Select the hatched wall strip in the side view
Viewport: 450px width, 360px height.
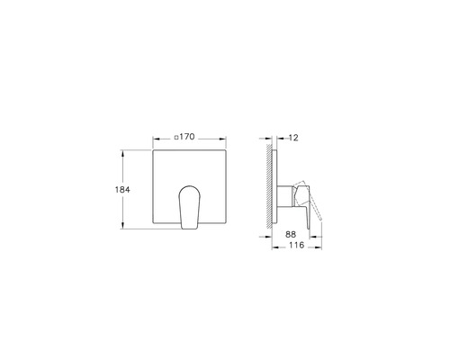(269, 190)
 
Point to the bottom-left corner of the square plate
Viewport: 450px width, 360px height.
(154, 230)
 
